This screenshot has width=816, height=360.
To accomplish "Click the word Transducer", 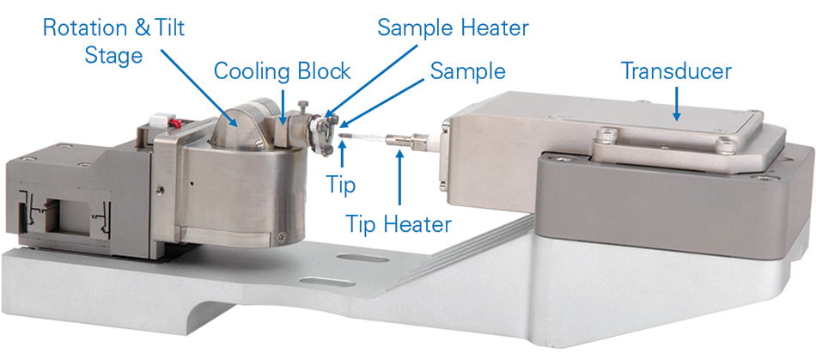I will (676, 71).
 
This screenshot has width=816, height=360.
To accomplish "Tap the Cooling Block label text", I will (282, 70).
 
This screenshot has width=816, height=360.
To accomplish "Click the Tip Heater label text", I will (399, 225).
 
